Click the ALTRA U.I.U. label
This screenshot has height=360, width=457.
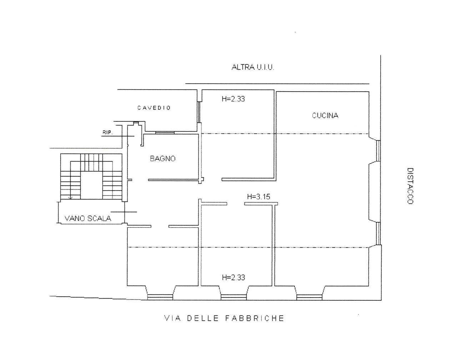coord(253,67)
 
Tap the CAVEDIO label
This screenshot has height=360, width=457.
coord(154,108)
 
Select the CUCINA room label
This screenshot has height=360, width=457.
coord(325,116)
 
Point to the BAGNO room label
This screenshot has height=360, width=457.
coord(163,158)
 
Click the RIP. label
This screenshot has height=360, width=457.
coord(108,133)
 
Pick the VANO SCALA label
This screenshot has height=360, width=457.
coord(88,218)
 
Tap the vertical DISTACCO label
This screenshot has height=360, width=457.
coord(410,186)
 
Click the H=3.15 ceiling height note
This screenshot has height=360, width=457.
coord(258,197)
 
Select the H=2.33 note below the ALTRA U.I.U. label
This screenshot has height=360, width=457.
coord(233,99)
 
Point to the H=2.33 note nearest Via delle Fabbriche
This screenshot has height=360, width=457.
coord(233,278)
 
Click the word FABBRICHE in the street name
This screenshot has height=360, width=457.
coord(255,318)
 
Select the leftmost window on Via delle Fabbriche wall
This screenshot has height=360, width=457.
coord(160,297)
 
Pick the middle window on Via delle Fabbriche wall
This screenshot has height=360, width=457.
coord(233,297)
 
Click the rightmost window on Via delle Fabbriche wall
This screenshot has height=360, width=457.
coord(309,297)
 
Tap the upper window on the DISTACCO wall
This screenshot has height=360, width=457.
coord(378,151)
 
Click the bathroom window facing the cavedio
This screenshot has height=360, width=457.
coord(165,133)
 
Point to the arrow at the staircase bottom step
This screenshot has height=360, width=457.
coord(71,198)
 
